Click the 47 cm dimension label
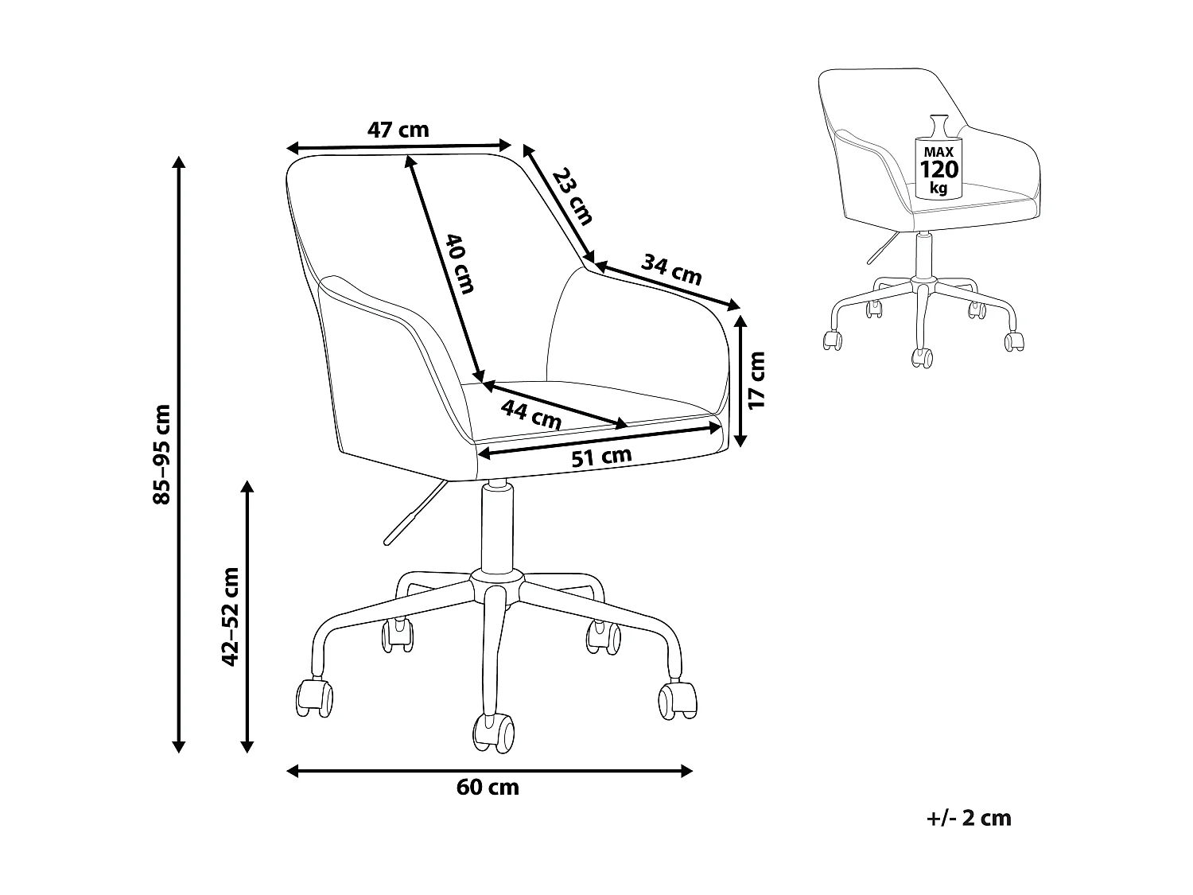[x=398, y=129]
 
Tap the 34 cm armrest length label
[x=673, y=270]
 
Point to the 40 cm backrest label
[x=459, y=263]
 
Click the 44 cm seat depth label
[x=531, y=414]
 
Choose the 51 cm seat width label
[x=602, y=457]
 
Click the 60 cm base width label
[x=488, y=788]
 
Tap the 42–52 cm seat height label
[x=231, y=617]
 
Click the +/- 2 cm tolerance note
[x=969, y=818]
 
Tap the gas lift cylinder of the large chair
[x=495, y=525]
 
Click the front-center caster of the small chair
[x=921, y=357]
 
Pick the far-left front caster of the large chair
[x=314, y=698]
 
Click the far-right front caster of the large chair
[x=678, y=700]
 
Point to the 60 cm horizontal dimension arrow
[x=489, y=770]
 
